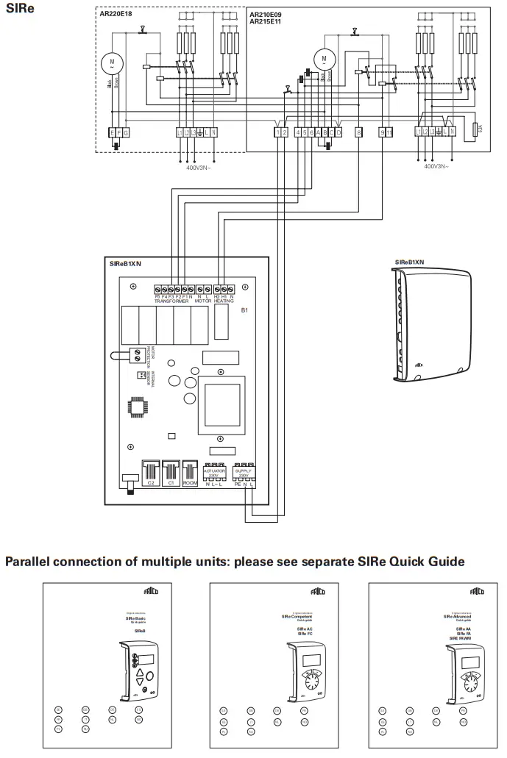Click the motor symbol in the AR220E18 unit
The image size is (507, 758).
pyautogui.click(x=112, y=61)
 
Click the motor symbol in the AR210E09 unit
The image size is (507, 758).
pyautogui.click(x=322, y=58)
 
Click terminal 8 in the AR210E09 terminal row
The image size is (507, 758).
pyautogui.click(x=358, y=132)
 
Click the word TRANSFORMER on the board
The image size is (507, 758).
pyautogui.click(x=172, y=301)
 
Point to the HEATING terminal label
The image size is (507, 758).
pyautogui.click(x=224, y=301)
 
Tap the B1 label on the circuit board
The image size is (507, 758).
pyautogui.click(x=245, y=311)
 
